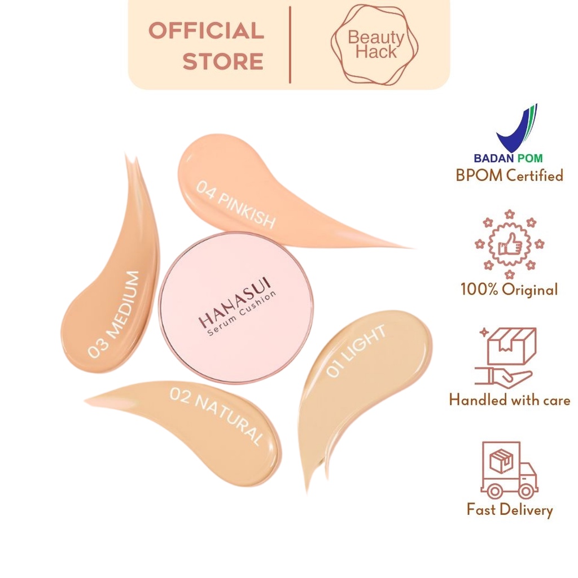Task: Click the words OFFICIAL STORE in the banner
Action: point(207,46)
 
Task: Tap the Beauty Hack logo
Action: point(375,45)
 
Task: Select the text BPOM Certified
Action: point(510,176)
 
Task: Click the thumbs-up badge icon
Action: point(510,244)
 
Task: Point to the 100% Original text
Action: point(510,289)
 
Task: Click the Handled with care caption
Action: point(510,400)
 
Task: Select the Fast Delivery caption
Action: point(510,510)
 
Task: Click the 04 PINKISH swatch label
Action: point(236,204)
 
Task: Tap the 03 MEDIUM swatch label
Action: point(114,314)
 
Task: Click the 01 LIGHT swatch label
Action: point(356,351)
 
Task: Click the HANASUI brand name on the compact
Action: point(235,303)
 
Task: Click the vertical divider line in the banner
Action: point(290,45)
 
